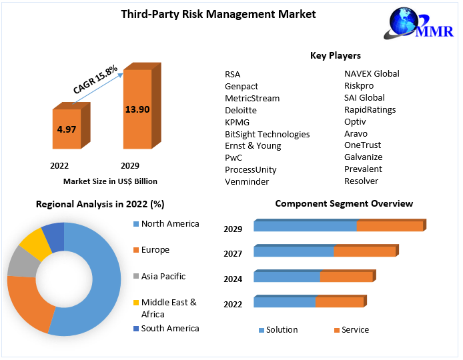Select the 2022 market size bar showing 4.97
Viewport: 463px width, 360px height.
pos(66,129)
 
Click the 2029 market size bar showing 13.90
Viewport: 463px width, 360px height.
pos(137,109)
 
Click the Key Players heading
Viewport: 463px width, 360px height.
pos(336,55)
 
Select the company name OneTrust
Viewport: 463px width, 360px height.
pos(362,145)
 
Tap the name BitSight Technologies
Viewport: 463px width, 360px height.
pos(267,134)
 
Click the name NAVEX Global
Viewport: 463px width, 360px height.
pos(372,73)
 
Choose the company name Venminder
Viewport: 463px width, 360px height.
pos(248,181)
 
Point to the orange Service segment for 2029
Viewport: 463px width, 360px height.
pos(390,226)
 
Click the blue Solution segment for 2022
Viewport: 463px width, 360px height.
pos(284,302)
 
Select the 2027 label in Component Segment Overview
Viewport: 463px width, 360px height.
pos(233,253)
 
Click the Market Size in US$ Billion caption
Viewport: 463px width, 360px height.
pos(110,181)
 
